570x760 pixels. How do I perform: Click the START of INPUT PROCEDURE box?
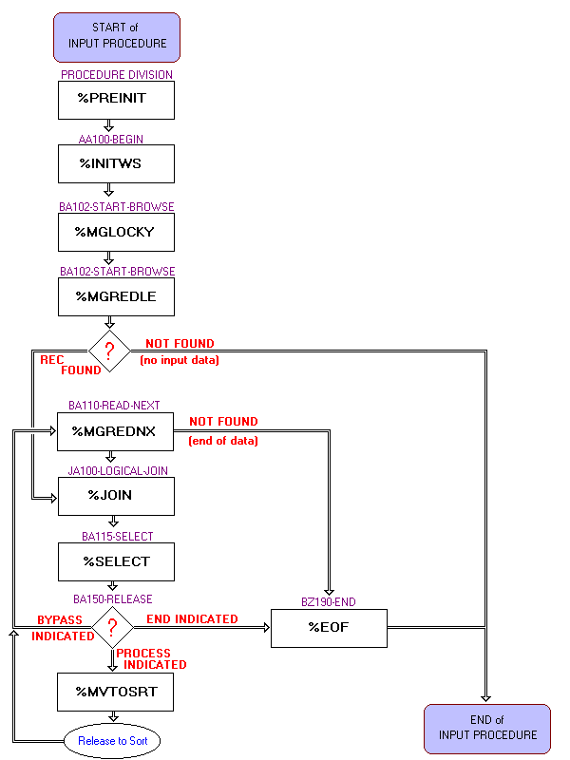[117, 36]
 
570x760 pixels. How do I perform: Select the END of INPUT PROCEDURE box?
[487, 728]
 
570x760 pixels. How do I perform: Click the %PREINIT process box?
[117, 100]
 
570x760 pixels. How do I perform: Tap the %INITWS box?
[117, 163]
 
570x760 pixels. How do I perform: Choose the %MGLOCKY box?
[117, 232]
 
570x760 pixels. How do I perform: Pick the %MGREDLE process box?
[117, 296]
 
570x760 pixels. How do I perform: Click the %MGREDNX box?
[117, 431]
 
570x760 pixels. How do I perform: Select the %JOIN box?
[117, 495]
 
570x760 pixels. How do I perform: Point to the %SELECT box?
[117, 561]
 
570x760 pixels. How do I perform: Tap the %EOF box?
[329, 627]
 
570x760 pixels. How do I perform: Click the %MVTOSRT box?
[117, 692]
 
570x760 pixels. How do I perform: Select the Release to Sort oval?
[113, 741]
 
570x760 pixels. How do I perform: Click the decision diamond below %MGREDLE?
[110, 351]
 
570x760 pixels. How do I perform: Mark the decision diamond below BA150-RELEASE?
[112, 627]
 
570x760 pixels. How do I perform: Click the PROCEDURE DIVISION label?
[117, 74]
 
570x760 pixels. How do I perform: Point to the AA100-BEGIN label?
[111, 139]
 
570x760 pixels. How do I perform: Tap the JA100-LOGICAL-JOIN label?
[117, 470]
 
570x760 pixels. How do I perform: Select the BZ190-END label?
[329, 601]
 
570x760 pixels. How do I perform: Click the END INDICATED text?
[192, 619]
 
